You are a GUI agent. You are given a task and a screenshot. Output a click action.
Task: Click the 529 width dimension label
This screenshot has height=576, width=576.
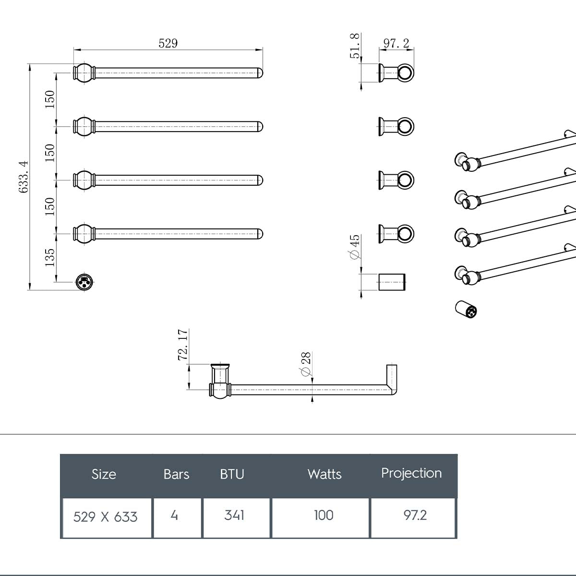(x=168, y=43)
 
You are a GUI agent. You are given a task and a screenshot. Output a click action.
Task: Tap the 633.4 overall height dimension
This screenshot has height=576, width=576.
(x=24, y=177)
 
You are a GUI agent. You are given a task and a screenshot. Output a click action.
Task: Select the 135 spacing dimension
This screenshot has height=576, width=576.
(x=50, y=258)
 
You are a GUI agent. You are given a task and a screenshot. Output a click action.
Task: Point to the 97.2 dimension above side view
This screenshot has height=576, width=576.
(x=396, y=43)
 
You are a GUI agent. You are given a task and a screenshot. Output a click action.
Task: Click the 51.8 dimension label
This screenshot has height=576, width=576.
(x=355, y=46)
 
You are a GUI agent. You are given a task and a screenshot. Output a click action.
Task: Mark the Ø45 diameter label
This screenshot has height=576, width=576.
(x=355, y=247)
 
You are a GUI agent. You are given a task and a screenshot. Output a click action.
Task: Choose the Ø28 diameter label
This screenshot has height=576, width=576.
(x=306, y=364)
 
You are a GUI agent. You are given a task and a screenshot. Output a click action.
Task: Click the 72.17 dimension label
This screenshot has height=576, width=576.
(x=183, y=345)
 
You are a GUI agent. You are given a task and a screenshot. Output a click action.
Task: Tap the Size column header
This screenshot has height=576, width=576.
(x=104, y=474)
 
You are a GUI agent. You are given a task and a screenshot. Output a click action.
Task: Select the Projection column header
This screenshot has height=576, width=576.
(x=411, y=473)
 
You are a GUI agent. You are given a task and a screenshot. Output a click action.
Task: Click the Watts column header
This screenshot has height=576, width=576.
(x=324, y=474)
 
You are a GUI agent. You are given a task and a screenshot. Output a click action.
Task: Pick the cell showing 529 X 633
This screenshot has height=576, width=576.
(x=106, y=517)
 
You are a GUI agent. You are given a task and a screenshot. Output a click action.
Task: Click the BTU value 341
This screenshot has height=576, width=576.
(x=234, y=516)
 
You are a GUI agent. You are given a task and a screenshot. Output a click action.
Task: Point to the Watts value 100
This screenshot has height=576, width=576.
(x=324, y=516)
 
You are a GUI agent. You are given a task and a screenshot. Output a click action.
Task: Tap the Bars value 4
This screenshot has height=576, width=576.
(x=174, y=516)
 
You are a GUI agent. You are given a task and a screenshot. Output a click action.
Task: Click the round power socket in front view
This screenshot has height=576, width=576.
(x=84, y=282)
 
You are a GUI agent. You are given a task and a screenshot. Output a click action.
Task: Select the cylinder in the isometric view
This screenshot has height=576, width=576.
(x=466, y=310)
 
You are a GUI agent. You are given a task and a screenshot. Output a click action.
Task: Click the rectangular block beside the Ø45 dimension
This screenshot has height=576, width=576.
(x=392, y=282)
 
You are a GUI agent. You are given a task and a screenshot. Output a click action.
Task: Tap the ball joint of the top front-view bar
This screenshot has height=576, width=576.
(x=84, y=73)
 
